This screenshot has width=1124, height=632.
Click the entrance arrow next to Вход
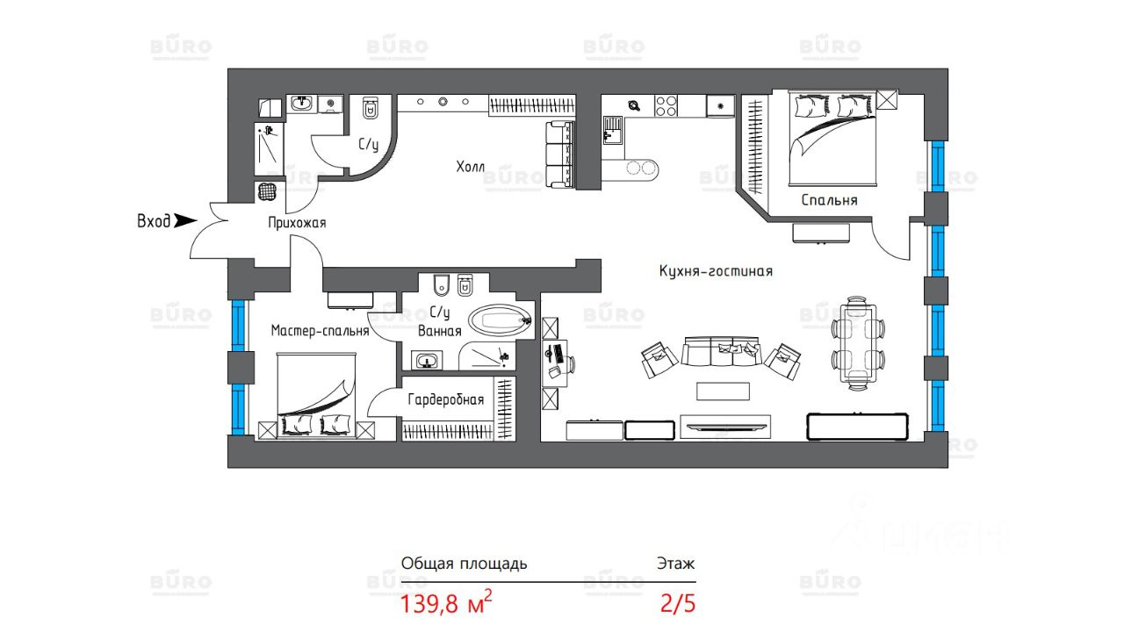point(184,221)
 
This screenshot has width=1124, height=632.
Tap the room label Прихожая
point(297,223)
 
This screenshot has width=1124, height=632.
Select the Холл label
point(470,167)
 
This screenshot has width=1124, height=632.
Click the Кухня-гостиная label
point(716,271)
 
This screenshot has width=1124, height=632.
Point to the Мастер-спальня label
point(320,331)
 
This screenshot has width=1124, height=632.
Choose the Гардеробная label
point(446,400)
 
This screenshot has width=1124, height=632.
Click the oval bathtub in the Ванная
point(500,320)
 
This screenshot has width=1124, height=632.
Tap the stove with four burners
point(666,105)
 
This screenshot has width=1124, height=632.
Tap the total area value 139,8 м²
point(446,604)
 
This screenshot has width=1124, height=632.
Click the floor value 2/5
point(677,604)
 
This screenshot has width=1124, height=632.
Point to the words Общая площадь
point(464,564)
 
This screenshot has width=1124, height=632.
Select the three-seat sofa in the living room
point(721,353)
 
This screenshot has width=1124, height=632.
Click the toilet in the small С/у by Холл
point(370,109)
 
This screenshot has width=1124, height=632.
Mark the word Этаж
point(675,564)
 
